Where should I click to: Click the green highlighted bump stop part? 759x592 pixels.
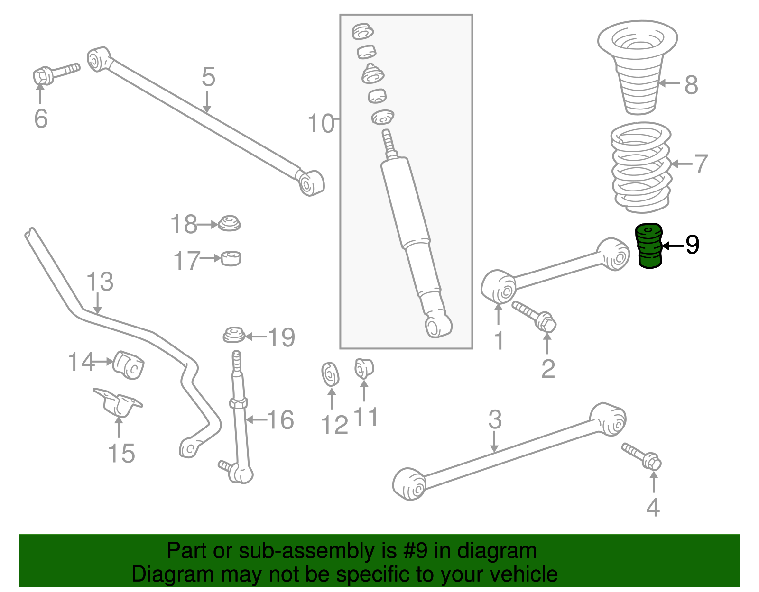click(648, 246)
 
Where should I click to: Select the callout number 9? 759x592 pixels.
click(692, 245)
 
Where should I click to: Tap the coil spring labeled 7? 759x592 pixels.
click(641, 167)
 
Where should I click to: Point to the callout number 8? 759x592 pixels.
click(691, 85)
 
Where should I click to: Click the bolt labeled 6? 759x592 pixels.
click(56, 75)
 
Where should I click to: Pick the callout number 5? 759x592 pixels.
click(209, 77)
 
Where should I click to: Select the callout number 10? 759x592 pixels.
click(321, 124)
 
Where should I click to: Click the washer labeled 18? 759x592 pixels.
click(229, 223)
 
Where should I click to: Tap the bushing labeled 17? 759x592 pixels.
click(231, 258)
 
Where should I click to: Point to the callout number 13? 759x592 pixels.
click(100, 282)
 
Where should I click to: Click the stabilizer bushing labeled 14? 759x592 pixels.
click(129, 365)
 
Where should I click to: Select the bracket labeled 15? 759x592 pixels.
click(118, 402)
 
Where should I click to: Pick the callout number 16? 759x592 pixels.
click(280, 419)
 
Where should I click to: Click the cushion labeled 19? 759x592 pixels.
click(234, 335)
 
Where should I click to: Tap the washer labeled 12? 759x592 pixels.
click(330, 374)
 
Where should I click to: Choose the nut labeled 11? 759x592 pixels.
click(364, 368)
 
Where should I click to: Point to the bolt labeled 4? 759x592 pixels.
click(641, 456)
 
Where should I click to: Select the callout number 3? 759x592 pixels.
click(495, 419)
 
